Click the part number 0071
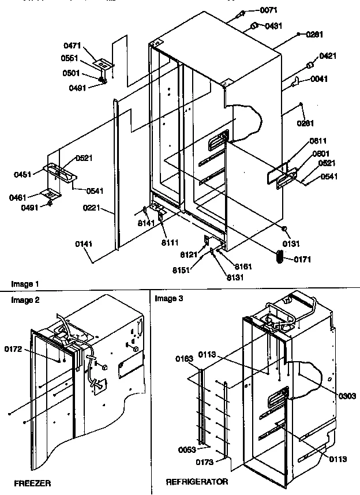268,10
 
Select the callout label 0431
274,26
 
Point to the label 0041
319,79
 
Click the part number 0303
347,396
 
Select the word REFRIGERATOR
196,481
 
